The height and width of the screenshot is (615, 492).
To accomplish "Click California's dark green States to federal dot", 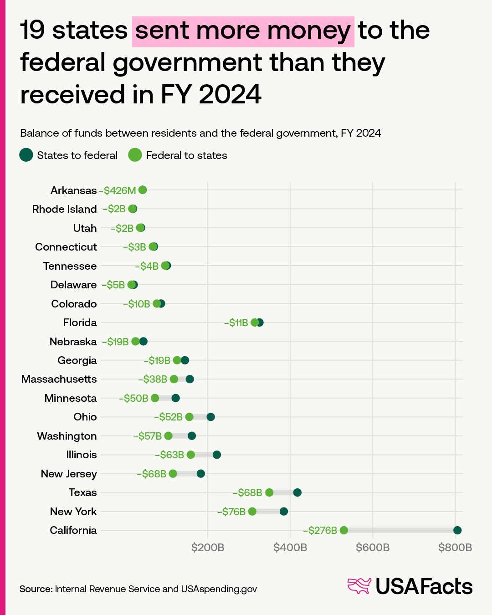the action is click(x=457, y=530).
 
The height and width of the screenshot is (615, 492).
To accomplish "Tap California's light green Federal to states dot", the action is click(x=343, y=530).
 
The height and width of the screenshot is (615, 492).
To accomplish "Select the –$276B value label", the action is click(x=320, y=531).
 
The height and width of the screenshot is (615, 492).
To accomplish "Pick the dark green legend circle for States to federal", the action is click(x=26, y=155).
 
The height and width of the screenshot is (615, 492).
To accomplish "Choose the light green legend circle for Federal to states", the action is click(x=135, y=155).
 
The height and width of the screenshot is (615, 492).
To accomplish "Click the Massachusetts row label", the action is click(x=59, y=379).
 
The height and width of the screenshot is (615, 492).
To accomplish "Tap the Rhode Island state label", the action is click(x=64, y=209).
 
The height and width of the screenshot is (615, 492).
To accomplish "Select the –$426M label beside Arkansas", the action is click(x=118, y=190).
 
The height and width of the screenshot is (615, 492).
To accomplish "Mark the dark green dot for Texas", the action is click(x=297, y=493).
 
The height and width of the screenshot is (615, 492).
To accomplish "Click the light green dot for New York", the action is click(x=252, y=512).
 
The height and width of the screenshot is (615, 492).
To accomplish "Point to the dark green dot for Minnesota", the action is click(x=175, y=398).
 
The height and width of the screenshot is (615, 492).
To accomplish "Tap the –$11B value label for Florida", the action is click(x=236, y=323).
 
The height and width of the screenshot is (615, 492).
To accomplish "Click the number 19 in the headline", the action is click(x=33, y=31).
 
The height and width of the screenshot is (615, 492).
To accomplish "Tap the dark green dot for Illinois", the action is click(x=217, y=455).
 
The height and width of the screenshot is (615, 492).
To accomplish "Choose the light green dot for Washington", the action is click(x=169, y=436).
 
